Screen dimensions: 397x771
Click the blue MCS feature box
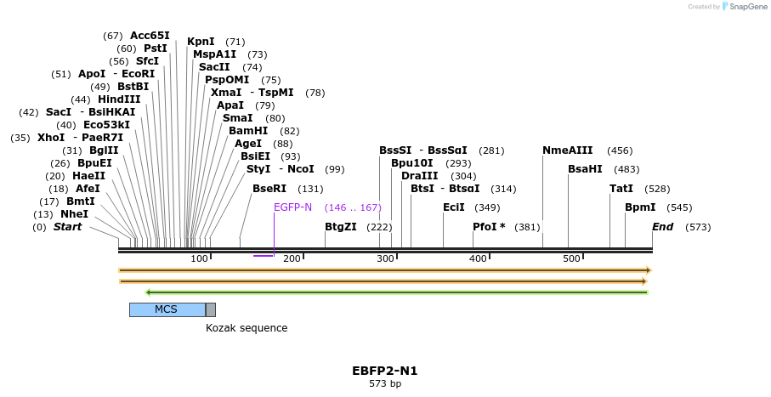pyautogui.click(x=167, y=309)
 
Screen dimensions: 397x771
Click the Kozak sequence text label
pyautogui.click(x=247, y=328)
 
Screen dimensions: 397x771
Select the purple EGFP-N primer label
pyautogui.click(x=292, y=207)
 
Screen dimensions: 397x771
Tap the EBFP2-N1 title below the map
pyautogui.click(x=384, y=371)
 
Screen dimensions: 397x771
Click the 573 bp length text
pyautogui.click(x=384, y=384)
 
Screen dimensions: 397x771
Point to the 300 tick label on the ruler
pyautogui.click(x=385, y=258)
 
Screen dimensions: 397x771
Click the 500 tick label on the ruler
pyautogui.click(x=571, y=258)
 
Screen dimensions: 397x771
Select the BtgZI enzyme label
pyautogui.click(x=341, y=227)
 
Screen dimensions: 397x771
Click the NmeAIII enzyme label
pyautogui.click(x=568, y=150)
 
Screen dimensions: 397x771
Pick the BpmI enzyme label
pyautogui.click(x=640, y=207)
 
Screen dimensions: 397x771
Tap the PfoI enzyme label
pyautogui.click(x=489, y=227)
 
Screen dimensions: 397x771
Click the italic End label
pyautogui.click(x=663, y=227)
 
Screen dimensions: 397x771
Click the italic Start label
pyautogui.click(x=67, y=227)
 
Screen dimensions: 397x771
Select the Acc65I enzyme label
pyautogui.click(x=150, y=36)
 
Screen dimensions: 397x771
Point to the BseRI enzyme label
pyautogui.click(x=269, y=189)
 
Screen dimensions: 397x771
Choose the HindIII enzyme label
pyautogui.click(x=119, y=99)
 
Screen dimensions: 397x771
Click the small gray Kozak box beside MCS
pyautogui.click(x=211, y=309)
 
